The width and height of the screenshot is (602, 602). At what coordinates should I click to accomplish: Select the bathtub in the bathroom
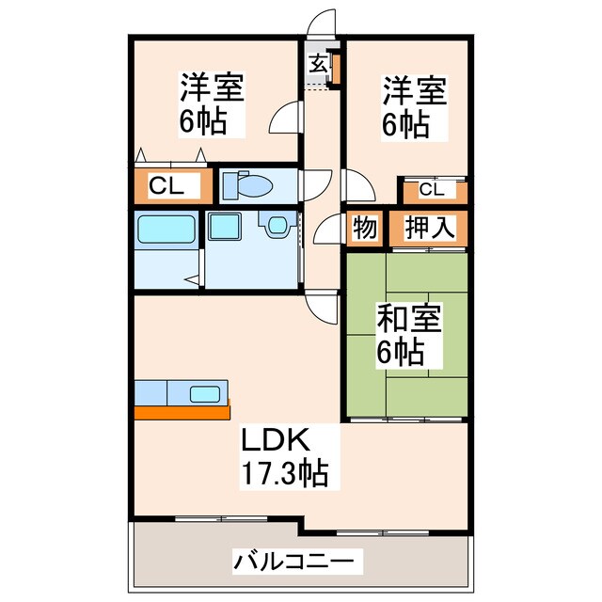(x=166, y=230)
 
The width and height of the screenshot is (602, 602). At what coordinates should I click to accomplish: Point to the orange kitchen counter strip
(x=182, y=412)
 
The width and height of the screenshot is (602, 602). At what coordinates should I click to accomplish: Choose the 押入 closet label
(x=431, y=228)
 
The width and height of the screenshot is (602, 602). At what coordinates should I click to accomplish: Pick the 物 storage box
(x=364, y=228)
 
